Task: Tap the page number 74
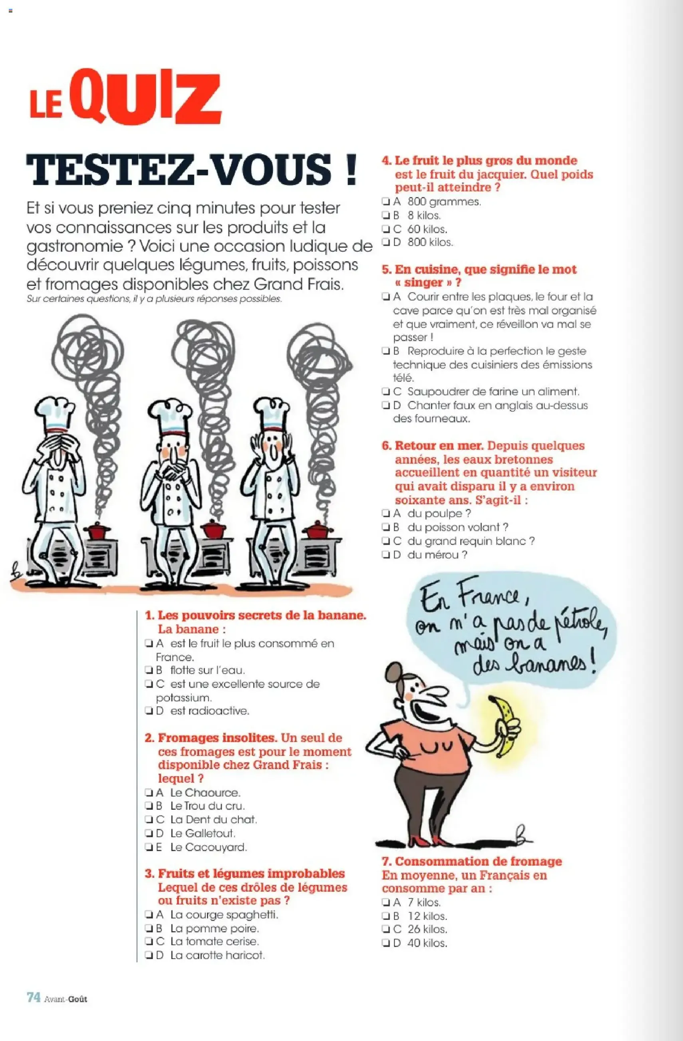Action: (34, 997)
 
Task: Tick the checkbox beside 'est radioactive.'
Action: (148, 711)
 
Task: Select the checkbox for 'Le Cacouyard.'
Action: (148, 847)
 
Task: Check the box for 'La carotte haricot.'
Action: (148, 955)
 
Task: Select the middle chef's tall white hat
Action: (169, 415)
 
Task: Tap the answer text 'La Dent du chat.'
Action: (213, 819)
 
